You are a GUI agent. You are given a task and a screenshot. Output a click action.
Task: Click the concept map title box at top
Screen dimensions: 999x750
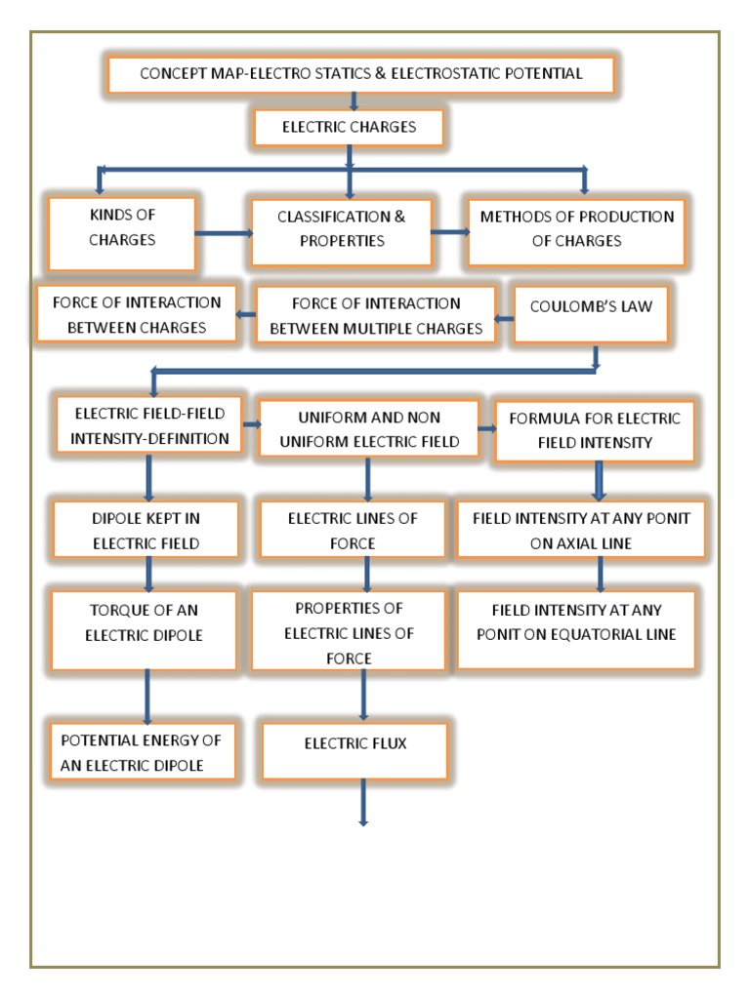click(361, 74)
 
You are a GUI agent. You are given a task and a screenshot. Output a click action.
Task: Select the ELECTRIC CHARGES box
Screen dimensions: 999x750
click(349, 127)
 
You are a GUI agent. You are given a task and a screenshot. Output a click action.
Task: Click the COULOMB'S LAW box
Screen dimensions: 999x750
click(591, 314)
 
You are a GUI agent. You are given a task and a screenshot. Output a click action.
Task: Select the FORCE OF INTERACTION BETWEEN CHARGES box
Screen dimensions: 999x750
click(137, 315)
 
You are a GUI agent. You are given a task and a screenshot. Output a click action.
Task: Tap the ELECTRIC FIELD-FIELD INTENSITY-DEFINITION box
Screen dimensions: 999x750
click(149, 427)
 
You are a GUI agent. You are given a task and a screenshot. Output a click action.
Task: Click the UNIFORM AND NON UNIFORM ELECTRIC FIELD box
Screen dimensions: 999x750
click(369, 429)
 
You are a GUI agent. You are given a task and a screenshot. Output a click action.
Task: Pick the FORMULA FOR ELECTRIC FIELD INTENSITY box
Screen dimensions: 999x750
click(595, 430)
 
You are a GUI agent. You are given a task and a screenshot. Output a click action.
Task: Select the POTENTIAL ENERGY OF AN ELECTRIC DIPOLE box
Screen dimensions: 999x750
click(144, 752)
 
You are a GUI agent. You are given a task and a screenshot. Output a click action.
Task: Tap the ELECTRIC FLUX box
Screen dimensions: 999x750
click(354, 750)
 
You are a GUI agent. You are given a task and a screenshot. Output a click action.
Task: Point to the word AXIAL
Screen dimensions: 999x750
click(600, 544)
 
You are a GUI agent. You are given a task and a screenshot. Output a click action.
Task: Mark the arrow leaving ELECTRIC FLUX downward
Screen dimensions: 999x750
click(363, 802)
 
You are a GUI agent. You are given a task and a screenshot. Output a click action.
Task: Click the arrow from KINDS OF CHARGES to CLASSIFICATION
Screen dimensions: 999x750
click(224, 233)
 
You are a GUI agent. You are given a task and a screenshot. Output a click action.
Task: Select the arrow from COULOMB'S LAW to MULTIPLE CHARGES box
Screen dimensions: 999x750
click(503, 318)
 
